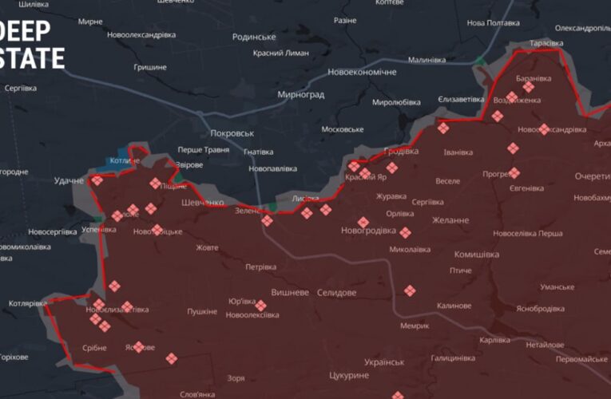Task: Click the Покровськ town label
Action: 232,133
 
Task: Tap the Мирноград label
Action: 300,94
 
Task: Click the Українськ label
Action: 384,361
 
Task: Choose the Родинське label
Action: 254,37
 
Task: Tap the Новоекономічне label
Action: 362,72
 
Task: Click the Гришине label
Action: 149,67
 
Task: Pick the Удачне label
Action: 69,181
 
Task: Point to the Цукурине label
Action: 349,375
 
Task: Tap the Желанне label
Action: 450,220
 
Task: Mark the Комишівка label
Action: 476,255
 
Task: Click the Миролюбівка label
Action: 396,102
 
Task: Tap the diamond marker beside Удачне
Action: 97,180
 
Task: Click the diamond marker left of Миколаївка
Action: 405,233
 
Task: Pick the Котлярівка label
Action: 27,303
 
